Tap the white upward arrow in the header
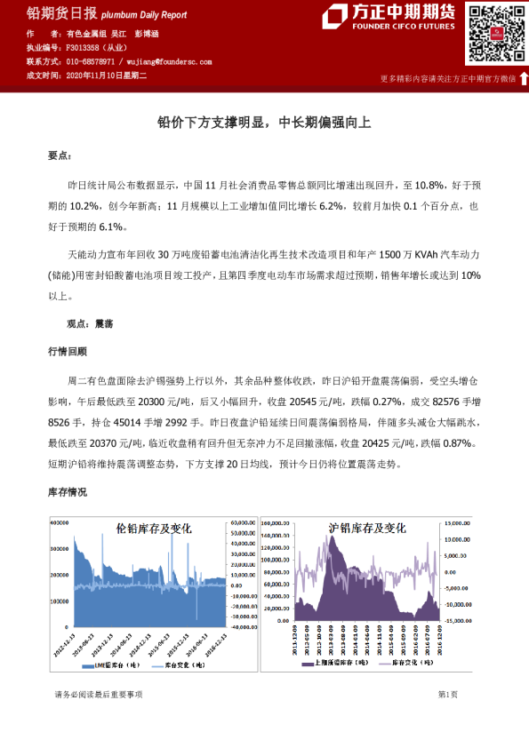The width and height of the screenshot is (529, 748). tap(524, 79)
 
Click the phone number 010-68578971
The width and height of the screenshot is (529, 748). tap(90, 62)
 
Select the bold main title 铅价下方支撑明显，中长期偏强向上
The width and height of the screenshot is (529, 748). tap(264, 123)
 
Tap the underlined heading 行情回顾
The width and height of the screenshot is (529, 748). tap(68, 351)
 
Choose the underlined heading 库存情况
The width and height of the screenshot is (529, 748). tap(68, 491)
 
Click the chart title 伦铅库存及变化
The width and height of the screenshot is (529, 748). tap(154, 528)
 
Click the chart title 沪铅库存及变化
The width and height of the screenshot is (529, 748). tap(367, 528)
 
